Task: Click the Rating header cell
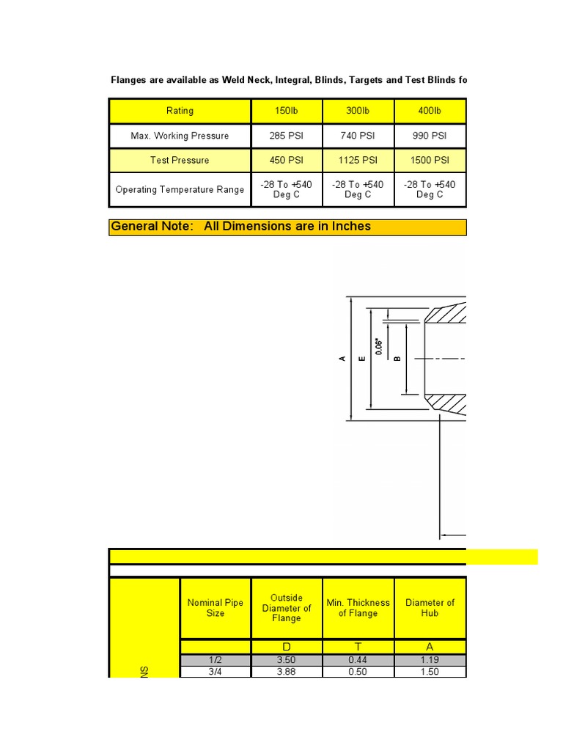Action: pos(180,111)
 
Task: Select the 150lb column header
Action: pos(287,111)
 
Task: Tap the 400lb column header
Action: pos(430,111)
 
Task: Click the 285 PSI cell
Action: pos(287,136)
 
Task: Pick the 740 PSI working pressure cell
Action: pos(358,136)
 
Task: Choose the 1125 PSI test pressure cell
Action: pos(358,160)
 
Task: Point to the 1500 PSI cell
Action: pos(430,160)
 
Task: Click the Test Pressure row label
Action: pos(180,160)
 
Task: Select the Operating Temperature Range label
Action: pos(180,189)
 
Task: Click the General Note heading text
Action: pos(240,227)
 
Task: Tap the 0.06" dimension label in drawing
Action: pos(379,346)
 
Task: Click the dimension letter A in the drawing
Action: pos(342,359)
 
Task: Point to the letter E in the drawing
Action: pos(361,359)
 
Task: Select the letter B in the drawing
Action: pos(397,359)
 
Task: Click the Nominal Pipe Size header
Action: pos(216,608)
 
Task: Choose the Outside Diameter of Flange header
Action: pos(287,608)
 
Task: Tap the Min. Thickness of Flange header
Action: pos(358,608)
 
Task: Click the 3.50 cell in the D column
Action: pos(287,661)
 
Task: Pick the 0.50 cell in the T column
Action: pos(358,672)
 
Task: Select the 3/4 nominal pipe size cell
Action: pos(216,672)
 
